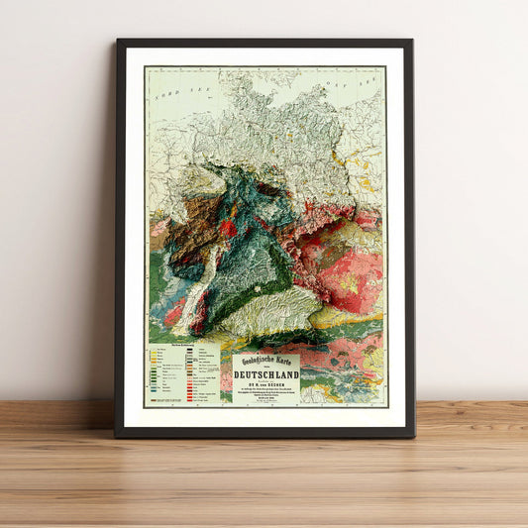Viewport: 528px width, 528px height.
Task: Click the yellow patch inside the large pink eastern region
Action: tap(348, 281)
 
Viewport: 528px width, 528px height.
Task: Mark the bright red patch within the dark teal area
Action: tap(229, 228)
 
